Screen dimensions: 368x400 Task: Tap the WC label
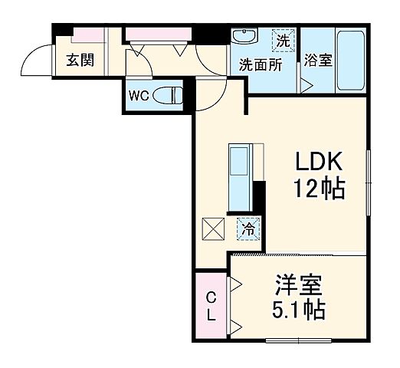[x=138, y=96]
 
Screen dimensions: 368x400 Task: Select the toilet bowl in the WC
[x=169, y=96]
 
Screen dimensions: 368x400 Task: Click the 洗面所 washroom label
[x=261, y=64]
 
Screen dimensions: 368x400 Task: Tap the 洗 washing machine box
[x=284, y=39]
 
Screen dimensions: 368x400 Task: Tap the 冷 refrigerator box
[x=248, y=228]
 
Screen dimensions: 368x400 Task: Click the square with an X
[x=212, y=228]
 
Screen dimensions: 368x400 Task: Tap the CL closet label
[x=211, y=306]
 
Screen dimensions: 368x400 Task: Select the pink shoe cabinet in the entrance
[x=90, y=35]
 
